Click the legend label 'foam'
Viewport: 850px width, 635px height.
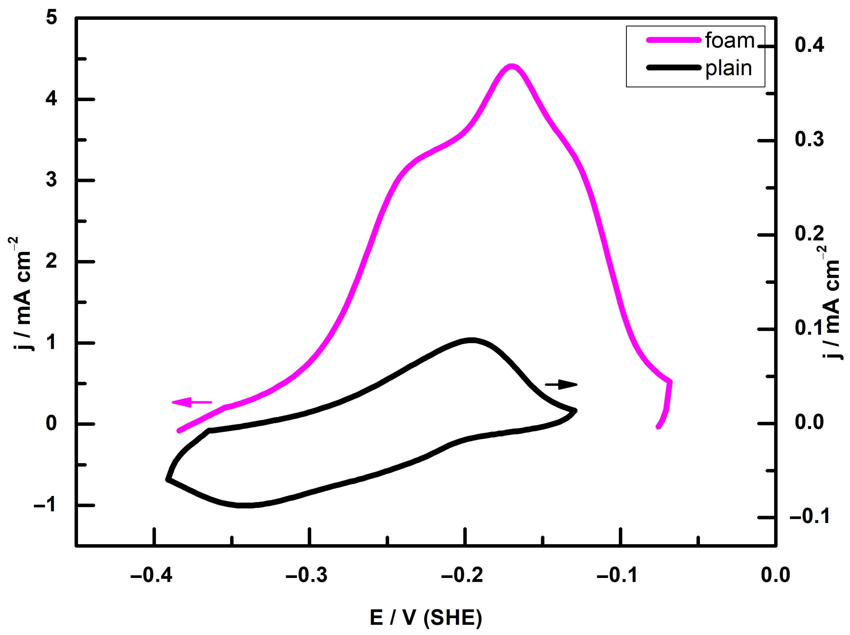click(x=729, y=41)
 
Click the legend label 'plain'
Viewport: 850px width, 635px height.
click(x=728, y=69)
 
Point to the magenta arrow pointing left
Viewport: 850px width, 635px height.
click(x=191, y=402)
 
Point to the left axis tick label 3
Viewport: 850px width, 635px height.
click(x=51, y=180)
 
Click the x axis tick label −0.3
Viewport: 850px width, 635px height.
click(x=306, y=575)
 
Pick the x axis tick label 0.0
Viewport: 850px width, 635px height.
click(x=775, y=575)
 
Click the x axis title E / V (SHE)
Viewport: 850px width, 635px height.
click(x=426, y=618)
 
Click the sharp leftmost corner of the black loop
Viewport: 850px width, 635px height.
click(x=168, y=479)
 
